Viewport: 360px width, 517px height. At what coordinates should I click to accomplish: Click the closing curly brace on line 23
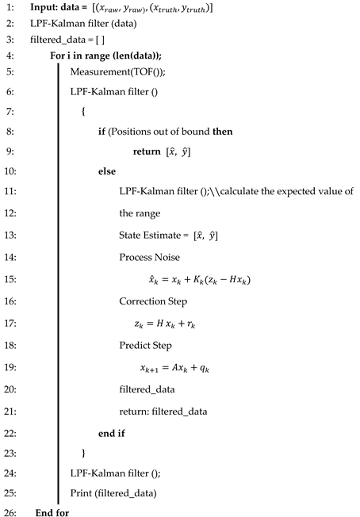click(x=83, y=453)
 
